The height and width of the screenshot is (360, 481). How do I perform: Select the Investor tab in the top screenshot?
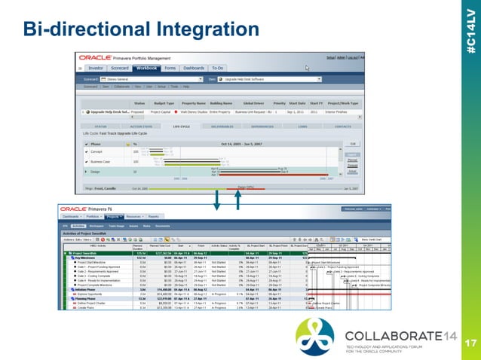(x=105, y=68)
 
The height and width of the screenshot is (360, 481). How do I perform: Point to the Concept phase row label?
(x=100, y=151)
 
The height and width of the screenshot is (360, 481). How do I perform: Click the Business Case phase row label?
(x=105, y=161)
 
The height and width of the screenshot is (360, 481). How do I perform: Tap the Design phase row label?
(x=99, y=172)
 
